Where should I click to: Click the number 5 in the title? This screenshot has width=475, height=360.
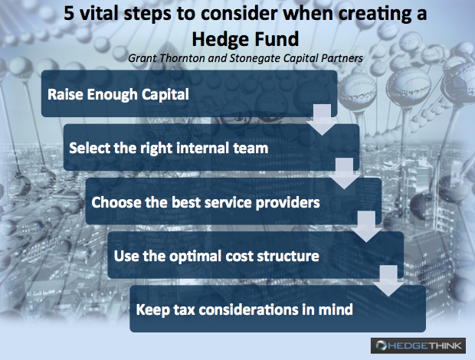coord(69,13)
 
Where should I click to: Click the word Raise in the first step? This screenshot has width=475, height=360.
coord(65,94)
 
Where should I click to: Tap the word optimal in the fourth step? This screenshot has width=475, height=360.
coord(195,256)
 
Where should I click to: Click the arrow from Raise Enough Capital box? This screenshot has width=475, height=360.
coord(322,120)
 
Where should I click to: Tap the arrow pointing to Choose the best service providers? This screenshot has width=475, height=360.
coord(345,174)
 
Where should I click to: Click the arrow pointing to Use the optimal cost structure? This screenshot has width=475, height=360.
coord(366,227)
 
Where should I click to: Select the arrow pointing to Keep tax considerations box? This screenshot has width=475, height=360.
coord(388,280)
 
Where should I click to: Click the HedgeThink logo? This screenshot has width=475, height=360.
coord(418,345)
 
